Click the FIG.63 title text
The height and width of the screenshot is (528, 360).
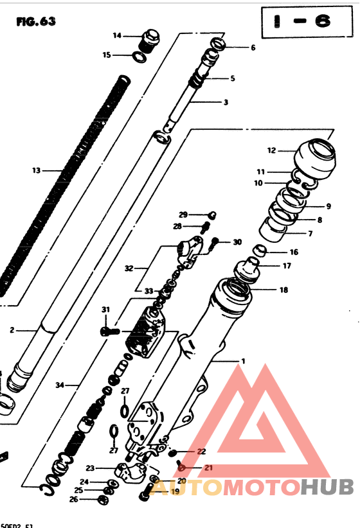(x=36, y=21)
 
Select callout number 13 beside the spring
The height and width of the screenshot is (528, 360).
(x=36, y=170)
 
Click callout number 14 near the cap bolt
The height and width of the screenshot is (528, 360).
(x=117, y=35)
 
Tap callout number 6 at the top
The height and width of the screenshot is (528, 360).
(x=253, y=48)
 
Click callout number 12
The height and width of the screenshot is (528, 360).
(x=271, y=151)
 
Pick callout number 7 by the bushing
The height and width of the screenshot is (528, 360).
(x=310, y=233)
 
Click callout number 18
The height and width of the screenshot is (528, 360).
(x=283, y=290)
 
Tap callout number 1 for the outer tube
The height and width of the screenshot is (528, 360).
(x=243, y=361)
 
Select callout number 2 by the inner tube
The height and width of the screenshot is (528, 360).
(x=12, y=331)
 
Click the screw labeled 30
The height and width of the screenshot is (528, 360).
(x=216, y=242)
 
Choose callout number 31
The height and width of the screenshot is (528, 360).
(x=106, y=310)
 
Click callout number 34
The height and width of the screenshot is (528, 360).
(x=60, y=385)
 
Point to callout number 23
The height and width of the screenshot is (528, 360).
(x=89, y=468)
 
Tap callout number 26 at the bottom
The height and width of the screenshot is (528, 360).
(x=73, y=499)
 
